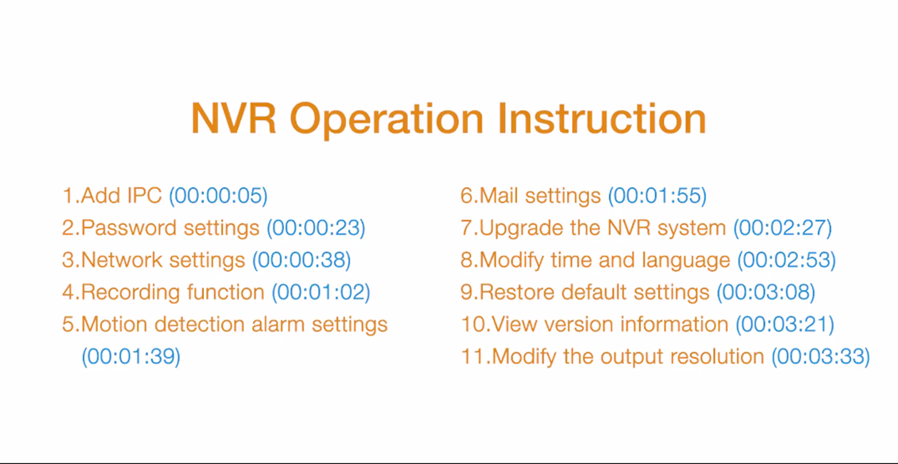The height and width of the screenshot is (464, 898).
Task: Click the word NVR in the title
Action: pos(234,118)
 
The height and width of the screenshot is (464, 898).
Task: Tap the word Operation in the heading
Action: pos(387,121)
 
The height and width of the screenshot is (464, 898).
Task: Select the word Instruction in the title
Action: pos(602,118)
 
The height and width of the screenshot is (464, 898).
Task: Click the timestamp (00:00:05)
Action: pos(218,196)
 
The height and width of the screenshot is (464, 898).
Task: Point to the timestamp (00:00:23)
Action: pos(316,228)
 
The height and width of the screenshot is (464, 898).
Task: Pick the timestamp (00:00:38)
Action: pos(302,260)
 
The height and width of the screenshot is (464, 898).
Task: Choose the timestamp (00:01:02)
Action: pos(321,292)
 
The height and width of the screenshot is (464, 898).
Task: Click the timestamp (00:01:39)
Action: pos(131,356)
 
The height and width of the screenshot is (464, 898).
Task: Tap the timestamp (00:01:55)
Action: pos(657,196)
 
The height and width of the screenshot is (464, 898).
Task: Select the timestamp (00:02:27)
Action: pos(782,228)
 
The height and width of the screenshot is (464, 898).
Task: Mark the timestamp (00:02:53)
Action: pos(787,260)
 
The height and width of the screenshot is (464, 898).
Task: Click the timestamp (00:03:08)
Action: pos(766,292)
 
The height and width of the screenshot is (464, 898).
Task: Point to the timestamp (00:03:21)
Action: pos(785,324)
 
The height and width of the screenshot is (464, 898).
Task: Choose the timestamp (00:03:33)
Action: pos(821,356)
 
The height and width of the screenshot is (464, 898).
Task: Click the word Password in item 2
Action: pos(128,228)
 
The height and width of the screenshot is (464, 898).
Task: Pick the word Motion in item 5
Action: pos(114,324)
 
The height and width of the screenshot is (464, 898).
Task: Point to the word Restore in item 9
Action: pos(516,292)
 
